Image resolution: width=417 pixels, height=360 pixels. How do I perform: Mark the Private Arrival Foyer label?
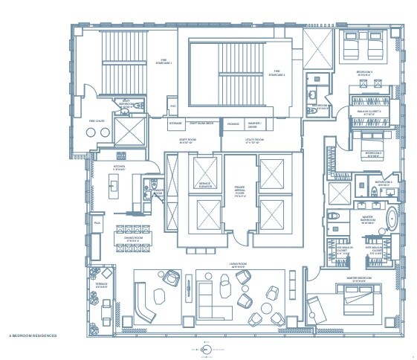click(240, 193)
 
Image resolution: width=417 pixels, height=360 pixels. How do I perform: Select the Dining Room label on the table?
click(133, 240)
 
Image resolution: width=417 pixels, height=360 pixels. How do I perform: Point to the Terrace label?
click(101, 286)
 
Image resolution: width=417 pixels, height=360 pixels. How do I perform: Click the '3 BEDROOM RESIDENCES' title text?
click(33, 336)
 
